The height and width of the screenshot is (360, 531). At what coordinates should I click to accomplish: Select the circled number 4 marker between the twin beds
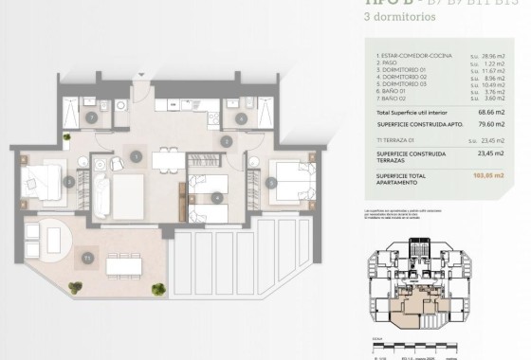218,197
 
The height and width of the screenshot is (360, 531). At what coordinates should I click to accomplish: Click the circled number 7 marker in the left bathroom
91,118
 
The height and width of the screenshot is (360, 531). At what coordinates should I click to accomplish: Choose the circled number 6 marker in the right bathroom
241,118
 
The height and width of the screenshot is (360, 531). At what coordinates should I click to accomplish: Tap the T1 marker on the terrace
87,256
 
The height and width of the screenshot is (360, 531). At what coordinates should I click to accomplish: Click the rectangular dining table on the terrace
131,267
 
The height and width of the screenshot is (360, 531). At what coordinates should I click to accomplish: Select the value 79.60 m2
494,125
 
